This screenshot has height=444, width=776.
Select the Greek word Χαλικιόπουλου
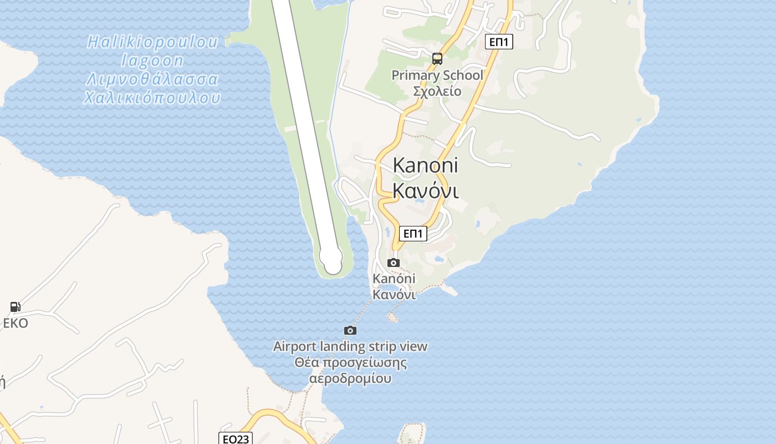[152, 98]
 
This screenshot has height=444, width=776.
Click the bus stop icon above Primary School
[437, 59]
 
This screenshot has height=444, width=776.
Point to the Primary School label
[437, 75]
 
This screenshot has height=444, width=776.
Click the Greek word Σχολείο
[437, 91]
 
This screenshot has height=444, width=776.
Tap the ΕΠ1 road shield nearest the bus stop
[499, 42]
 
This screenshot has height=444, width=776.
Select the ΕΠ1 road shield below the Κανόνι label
[413, 234]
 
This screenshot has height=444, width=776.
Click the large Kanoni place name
[426, 165]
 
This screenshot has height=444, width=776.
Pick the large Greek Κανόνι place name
[426, 190]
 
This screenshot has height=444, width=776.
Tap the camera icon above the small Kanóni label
[394, 263]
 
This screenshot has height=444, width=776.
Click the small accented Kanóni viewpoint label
[394, 279]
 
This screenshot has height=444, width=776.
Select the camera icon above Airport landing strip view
[350, 331]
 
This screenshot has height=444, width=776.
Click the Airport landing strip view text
[350, 347]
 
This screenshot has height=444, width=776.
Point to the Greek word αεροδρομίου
[350, 379]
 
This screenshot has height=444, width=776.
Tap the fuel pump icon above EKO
[15, 306]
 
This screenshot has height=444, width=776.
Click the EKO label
[16, 323]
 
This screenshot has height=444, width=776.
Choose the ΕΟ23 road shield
[236, 439]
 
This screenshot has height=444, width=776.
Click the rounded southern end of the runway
[332, 261]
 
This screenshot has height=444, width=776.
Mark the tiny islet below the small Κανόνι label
[392, 317]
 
